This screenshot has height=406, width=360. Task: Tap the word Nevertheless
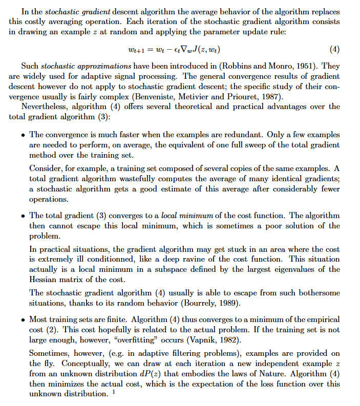coord(46,106)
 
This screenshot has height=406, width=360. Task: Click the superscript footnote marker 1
coord(114,392)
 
